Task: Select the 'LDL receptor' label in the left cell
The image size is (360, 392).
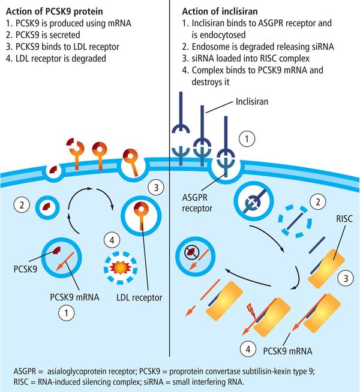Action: (140, 297)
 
